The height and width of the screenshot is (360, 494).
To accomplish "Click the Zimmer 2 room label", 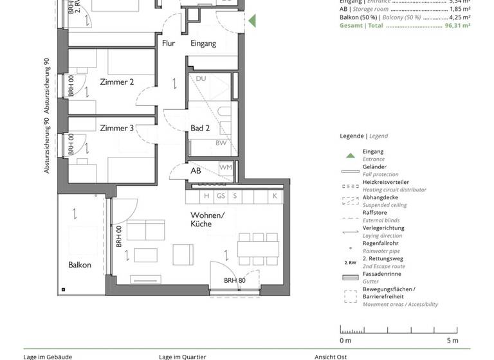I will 117,82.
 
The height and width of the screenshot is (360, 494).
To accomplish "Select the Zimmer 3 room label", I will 117,128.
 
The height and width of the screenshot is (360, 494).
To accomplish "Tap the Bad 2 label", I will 200,128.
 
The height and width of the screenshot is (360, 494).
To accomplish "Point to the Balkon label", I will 80,265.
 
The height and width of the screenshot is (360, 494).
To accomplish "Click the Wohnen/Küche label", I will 207,219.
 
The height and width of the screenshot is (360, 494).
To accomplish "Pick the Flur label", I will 169,44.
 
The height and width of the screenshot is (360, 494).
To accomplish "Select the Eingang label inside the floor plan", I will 203,44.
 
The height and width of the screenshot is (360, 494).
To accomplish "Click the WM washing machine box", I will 225,167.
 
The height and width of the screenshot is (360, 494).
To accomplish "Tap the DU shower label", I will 201,78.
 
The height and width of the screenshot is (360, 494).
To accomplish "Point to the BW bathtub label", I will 221,143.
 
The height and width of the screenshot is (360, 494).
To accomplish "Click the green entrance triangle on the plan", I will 252,21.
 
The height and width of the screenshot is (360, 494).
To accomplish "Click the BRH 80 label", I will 234,281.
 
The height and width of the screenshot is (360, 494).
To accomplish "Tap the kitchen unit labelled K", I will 275,196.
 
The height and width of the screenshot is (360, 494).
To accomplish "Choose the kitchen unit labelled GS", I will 221,196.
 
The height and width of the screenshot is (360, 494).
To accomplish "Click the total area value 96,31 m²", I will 457,26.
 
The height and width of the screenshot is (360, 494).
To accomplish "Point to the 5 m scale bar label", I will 453,340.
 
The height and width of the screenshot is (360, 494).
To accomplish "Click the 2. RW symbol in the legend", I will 350,263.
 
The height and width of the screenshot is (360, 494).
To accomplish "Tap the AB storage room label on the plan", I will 196,171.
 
